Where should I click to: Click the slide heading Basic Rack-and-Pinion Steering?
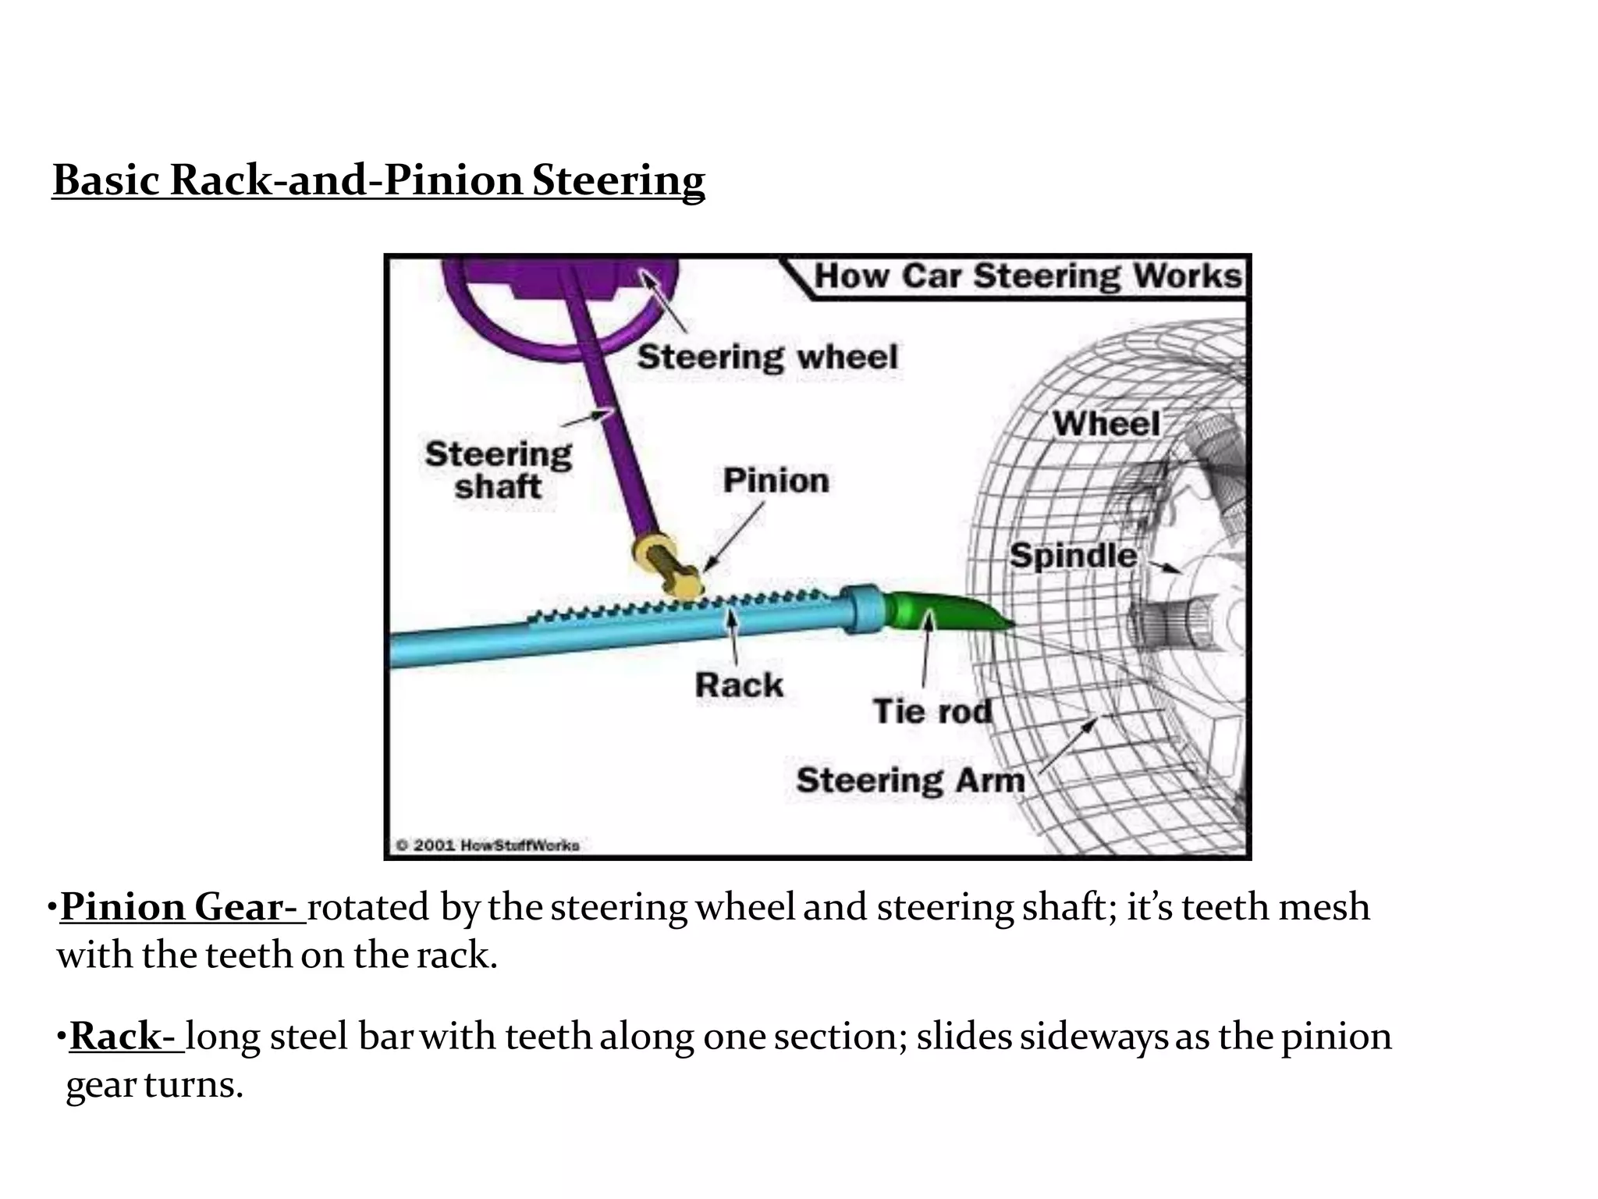tap(378, 180)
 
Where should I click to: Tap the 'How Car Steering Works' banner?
tap(1026, 277)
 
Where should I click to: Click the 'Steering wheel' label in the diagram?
tap(767, 358)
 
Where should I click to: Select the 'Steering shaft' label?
tap(498, 470)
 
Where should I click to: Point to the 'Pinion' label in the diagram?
tap(776, 481)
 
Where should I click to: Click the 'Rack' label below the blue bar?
tap(738, 685)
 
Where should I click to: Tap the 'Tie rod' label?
tap(932, 711)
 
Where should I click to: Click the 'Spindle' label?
tap(1072, 556)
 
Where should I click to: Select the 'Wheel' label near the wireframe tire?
tap(1106, 424)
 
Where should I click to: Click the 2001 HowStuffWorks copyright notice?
tap(488, 845)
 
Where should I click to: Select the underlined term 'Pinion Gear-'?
tap(183, 908)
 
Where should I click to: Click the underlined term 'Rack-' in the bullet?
tap(126, 1037)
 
